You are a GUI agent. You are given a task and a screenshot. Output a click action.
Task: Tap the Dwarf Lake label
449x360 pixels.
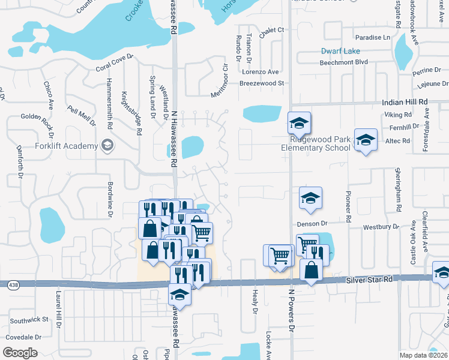(340, 51)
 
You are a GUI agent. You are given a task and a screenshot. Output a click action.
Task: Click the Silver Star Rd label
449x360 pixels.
(369, 280)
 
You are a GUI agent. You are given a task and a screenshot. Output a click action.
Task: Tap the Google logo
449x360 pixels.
(20, 352)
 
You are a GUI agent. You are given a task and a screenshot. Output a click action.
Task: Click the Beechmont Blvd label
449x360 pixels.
(344, 62)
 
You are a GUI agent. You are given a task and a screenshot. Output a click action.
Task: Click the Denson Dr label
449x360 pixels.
(311, 224)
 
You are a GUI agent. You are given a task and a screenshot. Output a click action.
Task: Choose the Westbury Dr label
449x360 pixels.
(381, 227)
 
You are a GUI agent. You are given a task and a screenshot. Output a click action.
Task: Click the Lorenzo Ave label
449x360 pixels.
(261, 71)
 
